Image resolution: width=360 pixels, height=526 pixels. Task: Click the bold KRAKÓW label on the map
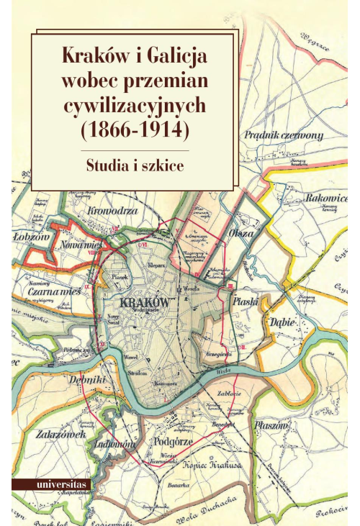145,302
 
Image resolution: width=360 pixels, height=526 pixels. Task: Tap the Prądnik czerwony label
293,135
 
